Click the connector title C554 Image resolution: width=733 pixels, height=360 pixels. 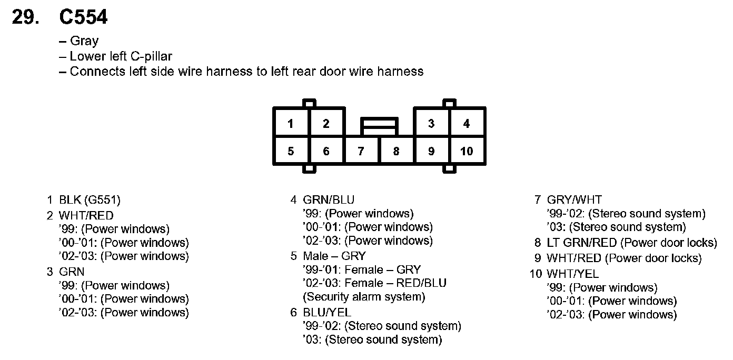pyautogui.click(x=83, y=17)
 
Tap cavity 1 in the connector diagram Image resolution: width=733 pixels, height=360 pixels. pyautogui.click(x=291, y=124)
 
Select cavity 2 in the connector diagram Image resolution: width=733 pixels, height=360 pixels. pyautogui.click(x=326, y=124)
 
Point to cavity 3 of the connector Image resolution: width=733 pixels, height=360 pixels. pyautogui.click(x=431, y=124)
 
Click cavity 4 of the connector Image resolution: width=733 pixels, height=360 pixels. pyautogui.click(x=467, y=124)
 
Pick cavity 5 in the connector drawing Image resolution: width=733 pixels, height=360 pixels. pyautogui.click(x=291, y=152)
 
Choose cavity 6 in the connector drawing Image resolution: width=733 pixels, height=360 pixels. pyautogui.click(x=326, y=152)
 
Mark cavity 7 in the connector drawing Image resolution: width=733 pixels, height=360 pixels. pyautogui.click(x=361, y=152)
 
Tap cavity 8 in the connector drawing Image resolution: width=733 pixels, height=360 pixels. pyautogui.click(x=396, y=152)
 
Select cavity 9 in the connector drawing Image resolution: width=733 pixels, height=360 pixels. pyautogui.click(x=431, y=152)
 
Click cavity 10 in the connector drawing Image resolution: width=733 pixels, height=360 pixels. pyautogui.click(x=467, y=152)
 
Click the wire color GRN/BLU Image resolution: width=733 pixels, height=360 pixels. pyautogui.click(x=329, y=200)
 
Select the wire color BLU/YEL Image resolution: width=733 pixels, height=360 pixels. pyautogui.click(x=327, y=313)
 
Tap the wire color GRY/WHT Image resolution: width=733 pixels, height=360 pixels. pyautogui.click(x=574, y=200)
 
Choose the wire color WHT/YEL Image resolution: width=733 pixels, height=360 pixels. pyautogui.click(x=573, y=274)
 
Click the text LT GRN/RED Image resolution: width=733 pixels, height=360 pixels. pyautogui.click(x=582, y=243)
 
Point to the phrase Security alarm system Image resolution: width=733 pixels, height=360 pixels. pyautogui.click(x=364, y=297)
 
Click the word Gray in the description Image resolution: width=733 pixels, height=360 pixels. pyautogui.click(x=84, y=41)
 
